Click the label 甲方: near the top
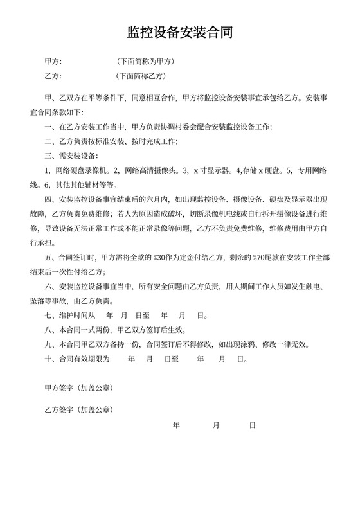pyautogui.click(x=53, y=62)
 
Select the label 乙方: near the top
pyautogui.click(x=53, y=76)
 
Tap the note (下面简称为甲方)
pyautogui.click(x=145, y=62)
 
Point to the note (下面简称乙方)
pyautogui.click(x=141, y=76)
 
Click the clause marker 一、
pyautogui.click(x=48, y=127)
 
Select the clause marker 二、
pyautogui.click(x=48, y=141)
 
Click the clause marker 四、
pyautogui.click(x=48, y=199)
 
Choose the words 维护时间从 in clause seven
pyautogui.click(x=76, y=316)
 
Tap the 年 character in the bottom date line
pyautogui.click(x=177, y=425)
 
